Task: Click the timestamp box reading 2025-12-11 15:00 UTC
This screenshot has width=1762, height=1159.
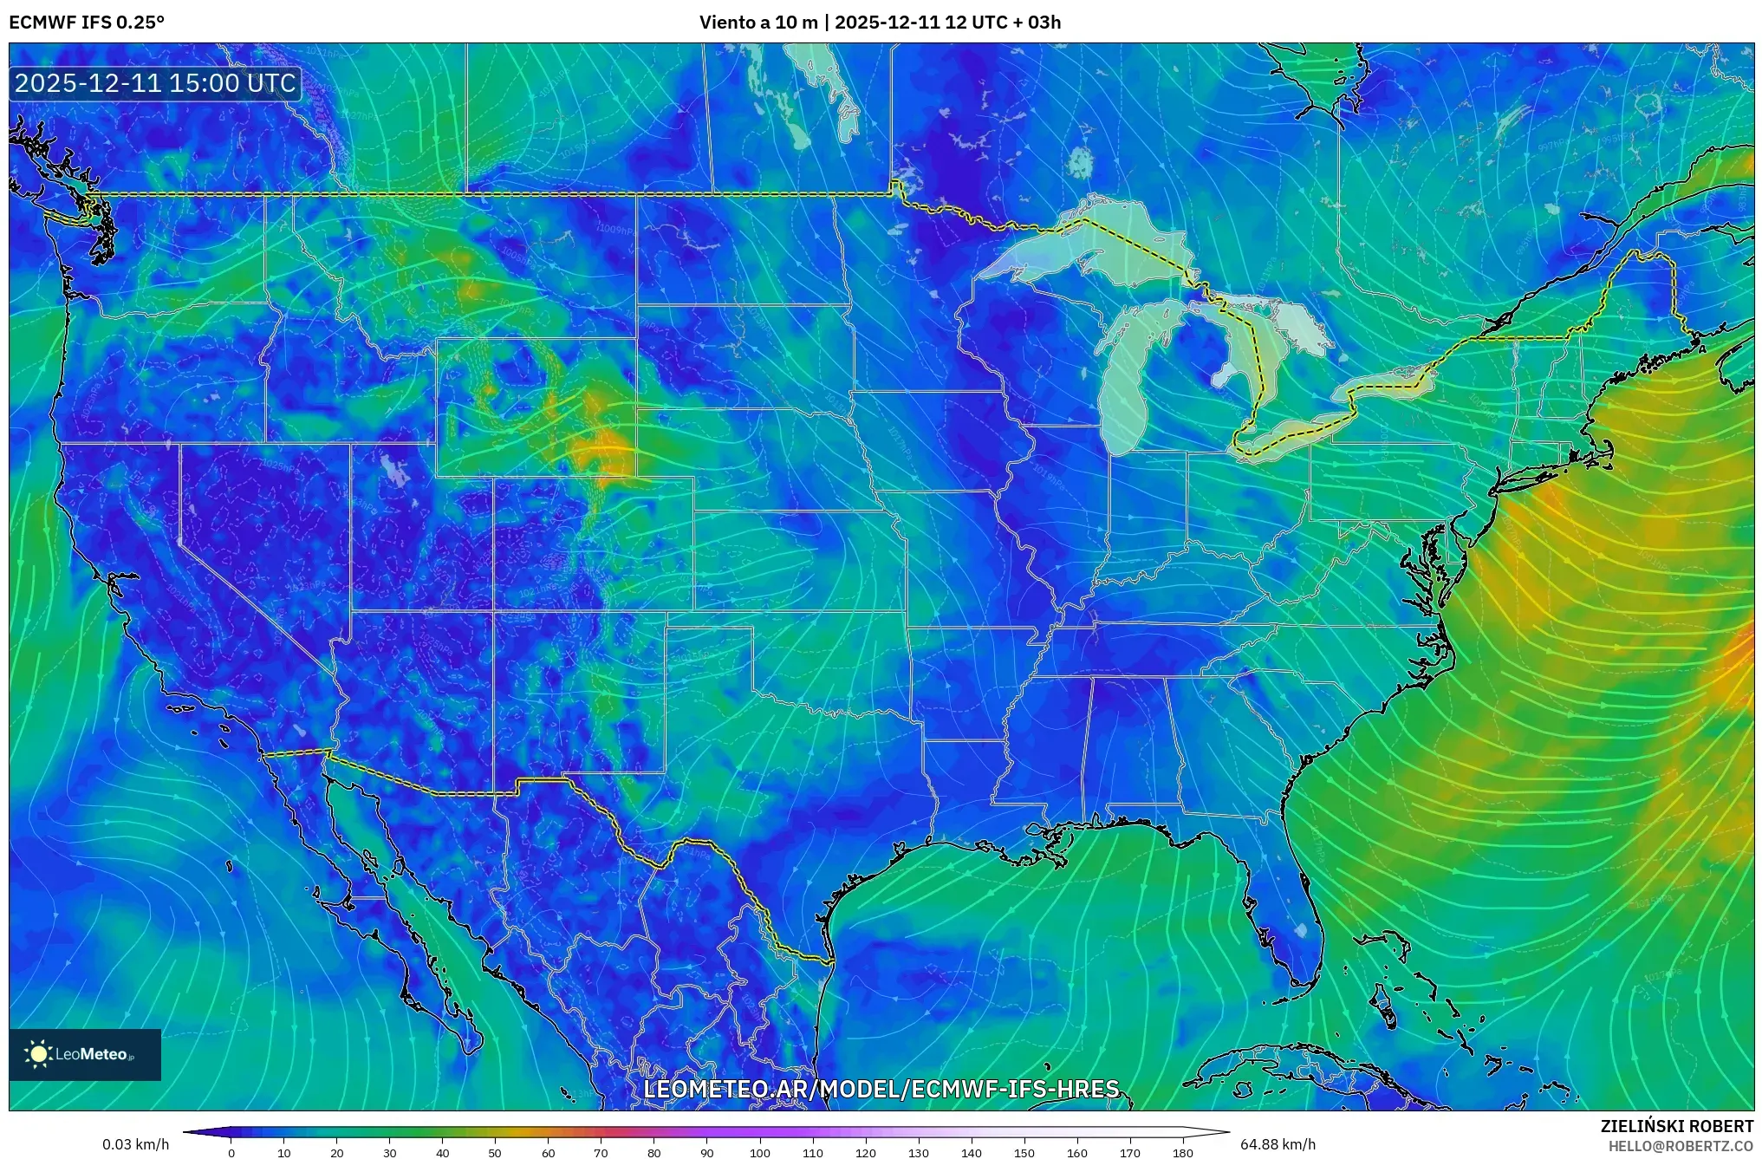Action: click(156, 84)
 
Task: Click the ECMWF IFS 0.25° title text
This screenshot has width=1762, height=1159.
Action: click(87, 23)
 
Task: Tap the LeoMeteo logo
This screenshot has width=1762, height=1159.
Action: click(85, 1054)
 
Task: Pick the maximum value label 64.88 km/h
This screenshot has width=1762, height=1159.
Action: click(1278, 1144)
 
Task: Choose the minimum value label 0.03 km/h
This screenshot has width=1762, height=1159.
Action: click(135, 1144)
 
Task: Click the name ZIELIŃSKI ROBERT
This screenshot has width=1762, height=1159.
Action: click(1676, 1126)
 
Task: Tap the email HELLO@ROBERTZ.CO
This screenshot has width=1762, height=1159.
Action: click(1681, 1146)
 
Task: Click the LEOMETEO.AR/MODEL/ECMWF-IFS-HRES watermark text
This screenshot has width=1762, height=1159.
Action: click(881, 1089)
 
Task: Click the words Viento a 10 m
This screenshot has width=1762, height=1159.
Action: click(758, 23)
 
